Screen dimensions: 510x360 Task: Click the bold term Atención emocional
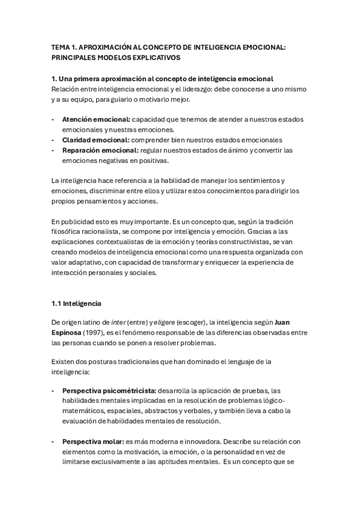96,120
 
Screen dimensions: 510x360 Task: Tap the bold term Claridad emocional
95,140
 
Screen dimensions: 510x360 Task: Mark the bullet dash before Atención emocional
53,120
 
